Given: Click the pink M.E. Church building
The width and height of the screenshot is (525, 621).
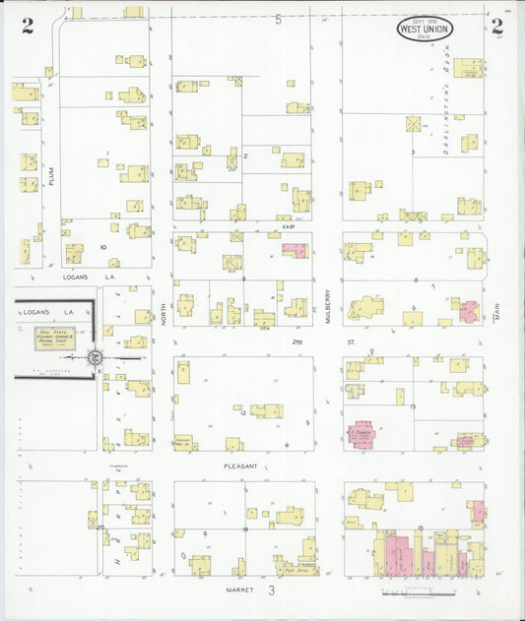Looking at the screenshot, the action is pyautogui.click(x=361, y=434).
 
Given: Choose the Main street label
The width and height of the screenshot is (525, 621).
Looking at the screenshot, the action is pyautogui.click(x=498, y=316).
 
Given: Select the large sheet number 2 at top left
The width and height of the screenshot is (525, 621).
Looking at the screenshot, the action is pyautogui.click(x=28, y=27).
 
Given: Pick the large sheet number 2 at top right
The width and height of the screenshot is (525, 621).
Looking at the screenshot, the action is pyautogui.click(x=497, y=27).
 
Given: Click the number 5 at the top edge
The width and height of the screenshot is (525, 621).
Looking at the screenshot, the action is pyautogui.click(x=279, y=19).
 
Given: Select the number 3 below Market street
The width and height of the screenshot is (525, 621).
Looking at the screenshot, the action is pyautogui.click(x=270, y=590).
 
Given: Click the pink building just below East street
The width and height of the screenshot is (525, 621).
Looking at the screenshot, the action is pyautogui.click(x=295, y=250).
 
